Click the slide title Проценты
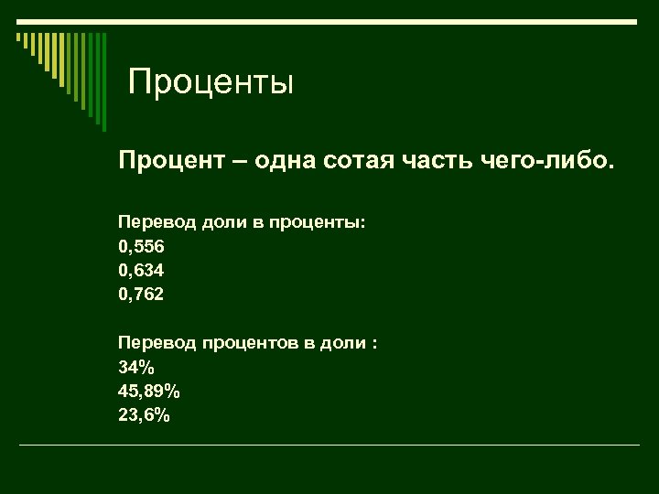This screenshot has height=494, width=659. pyautogui.click(x=211, y=83)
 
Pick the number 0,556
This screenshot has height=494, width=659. pyautogui.click(x=142, y=247)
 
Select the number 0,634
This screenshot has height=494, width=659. pyautogui.click(x=142, y=271)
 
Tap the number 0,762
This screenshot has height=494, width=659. pyautogui.click(x=142, y=295)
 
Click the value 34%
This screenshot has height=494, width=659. pyautogui.click(x=135, y=368)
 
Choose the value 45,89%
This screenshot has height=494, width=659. pyautogui.click(x=149, y=392)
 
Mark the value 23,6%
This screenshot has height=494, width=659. pyautogui.click(x=144, y=415)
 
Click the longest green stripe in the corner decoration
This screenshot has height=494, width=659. pyautogui.click(x=103, y=82)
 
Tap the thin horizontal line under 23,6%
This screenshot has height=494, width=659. pyautogui.click(x=329, y=446)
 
